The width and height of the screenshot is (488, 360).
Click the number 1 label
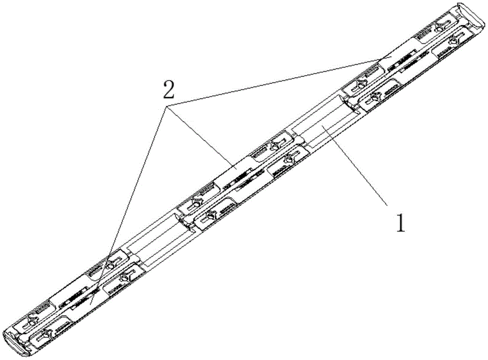400,223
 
